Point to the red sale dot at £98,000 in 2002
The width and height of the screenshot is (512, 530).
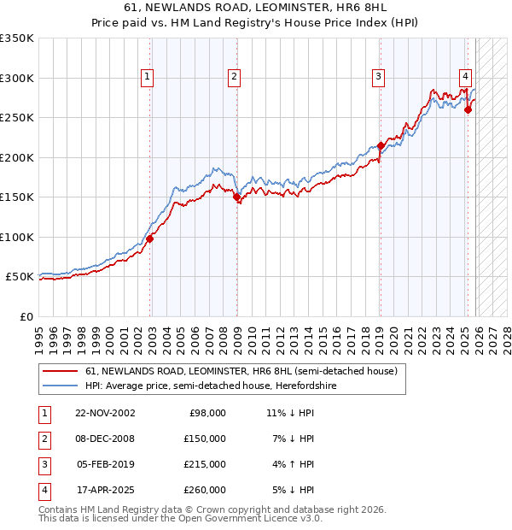(x=149, y=238)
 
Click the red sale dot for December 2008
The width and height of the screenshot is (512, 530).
(x=236, y=197)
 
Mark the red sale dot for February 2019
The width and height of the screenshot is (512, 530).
(x=381, y=145)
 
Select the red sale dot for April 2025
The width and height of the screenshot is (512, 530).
(x=468, y=109)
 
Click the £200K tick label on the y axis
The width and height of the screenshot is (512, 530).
(x=17, y=157)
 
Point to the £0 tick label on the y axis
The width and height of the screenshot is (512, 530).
(x=27, y=316)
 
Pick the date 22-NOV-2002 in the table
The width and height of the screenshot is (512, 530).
(x=105, y=413)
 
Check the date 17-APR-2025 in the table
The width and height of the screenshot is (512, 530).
(x=105, y=490)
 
